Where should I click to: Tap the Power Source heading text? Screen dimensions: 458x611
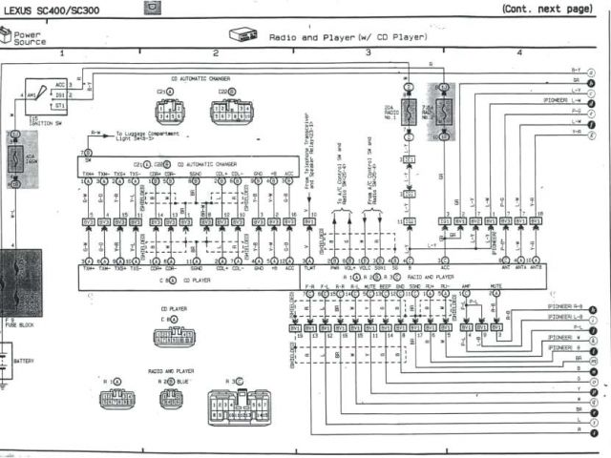pyautogui.click(x=28, y=38)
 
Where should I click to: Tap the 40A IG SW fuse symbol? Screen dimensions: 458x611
pyautogui.click(x=16, y=158)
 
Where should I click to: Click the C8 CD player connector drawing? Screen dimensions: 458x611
pyautogui.click(x=174, y=337)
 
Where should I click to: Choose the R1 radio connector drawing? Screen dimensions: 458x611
pyautogui.click(x=116, y=398)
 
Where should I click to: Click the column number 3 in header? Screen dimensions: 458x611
pyautogui.click(x=367, y=53)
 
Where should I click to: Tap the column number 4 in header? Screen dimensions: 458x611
pyautogui.click(x=519, y=53)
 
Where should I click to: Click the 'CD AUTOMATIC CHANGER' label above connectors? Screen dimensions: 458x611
pyautogui.click(x=200, y=78)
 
